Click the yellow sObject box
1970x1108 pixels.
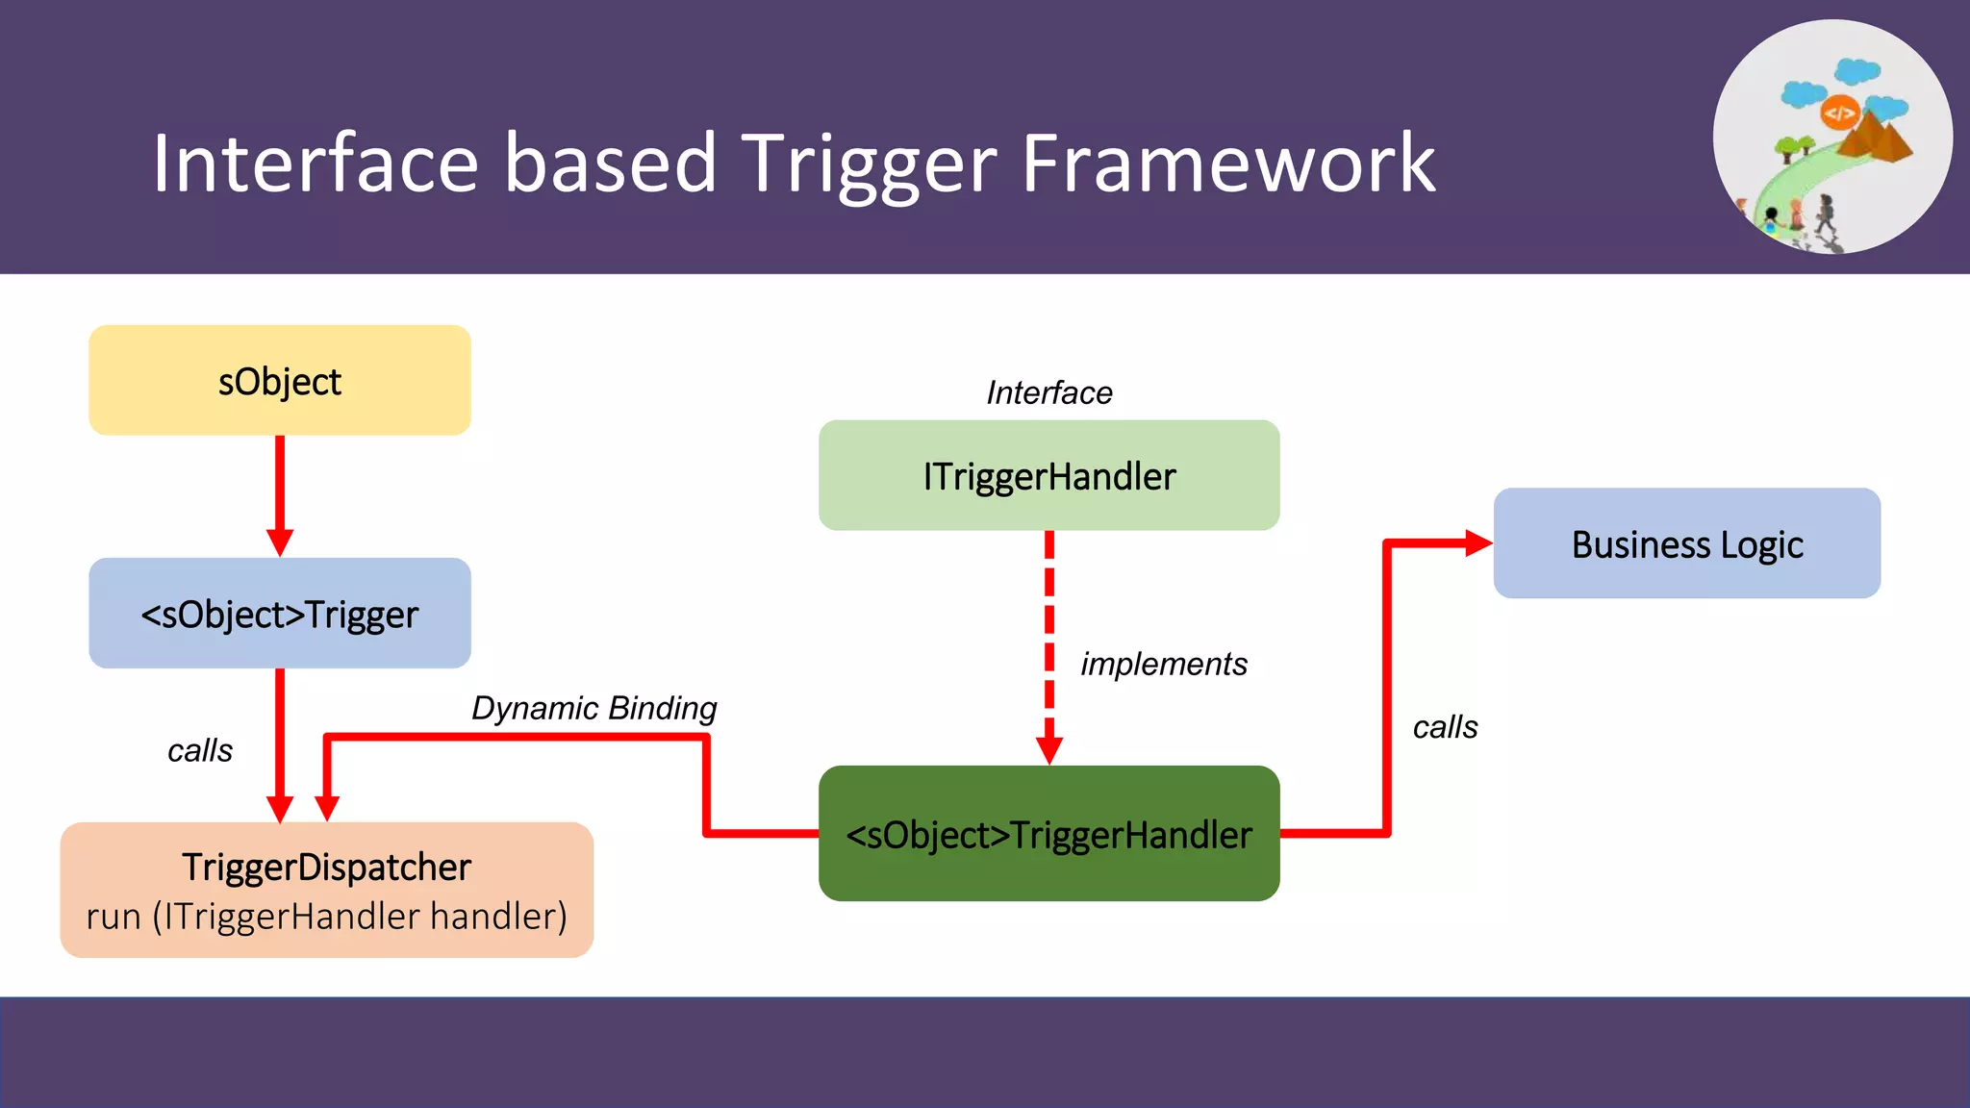(x=279, y=381)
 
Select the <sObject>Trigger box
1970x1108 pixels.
(x=279, y=614)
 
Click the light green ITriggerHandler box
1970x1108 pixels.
(x=1048, y=476)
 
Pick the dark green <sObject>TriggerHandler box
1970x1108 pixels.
(x=1048, y=834)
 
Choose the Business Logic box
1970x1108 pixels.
(x=1686, y=544)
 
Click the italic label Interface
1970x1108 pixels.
(x=1048, y=392)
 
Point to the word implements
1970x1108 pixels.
(x=1163, y=664)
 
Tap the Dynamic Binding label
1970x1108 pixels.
(x=594, y=708)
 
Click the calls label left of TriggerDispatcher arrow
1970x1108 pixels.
(x=200, y=750)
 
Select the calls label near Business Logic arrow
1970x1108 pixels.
(x=1445, y=727)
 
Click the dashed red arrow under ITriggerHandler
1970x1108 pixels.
(x=1048, y=635)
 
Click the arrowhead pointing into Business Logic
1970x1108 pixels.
(x=1477, y=543)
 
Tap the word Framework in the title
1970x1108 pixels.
(x=1227, y=164)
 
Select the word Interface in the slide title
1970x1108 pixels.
(x=316, y=164)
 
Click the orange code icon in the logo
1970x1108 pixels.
(x=1838, y=113)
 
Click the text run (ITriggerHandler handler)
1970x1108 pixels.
(x=326, y=917)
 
